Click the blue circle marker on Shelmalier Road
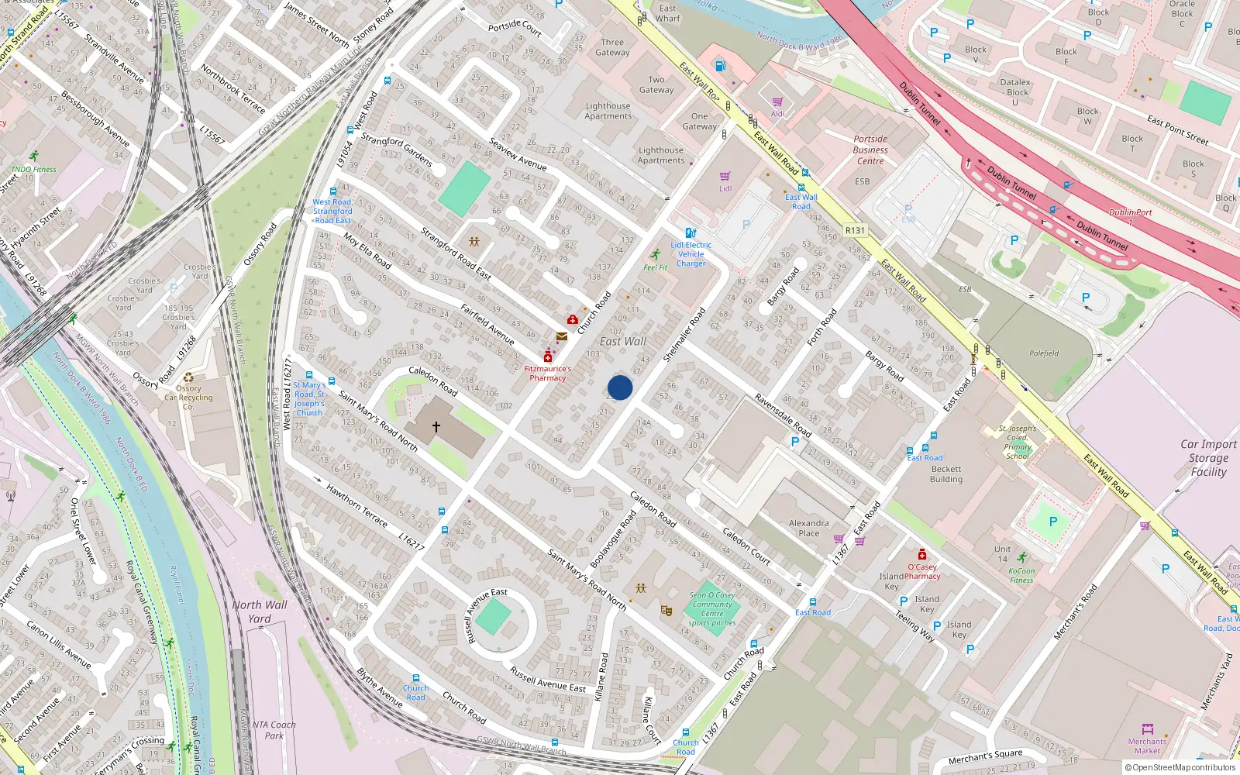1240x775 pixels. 620,387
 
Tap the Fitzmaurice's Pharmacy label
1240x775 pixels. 547,374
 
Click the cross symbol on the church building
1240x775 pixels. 436,427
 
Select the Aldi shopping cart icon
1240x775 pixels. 777,102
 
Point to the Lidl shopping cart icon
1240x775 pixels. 725,177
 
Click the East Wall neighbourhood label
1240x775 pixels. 622,341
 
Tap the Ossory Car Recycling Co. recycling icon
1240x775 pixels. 188,377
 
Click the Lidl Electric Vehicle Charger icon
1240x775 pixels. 691,232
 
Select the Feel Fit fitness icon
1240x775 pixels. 656,255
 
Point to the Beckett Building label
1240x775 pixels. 946,474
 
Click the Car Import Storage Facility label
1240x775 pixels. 1208,457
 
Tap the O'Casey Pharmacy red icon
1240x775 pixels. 922,554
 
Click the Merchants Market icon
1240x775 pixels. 1148,729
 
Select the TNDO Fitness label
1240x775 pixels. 33,169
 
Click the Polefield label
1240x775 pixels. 1044,353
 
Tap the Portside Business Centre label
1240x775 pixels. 870,150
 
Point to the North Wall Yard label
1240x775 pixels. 259,611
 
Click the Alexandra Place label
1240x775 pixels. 808,528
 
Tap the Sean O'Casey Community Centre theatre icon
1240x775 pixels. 666,611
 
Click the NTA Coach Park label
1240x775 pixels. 274,730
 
